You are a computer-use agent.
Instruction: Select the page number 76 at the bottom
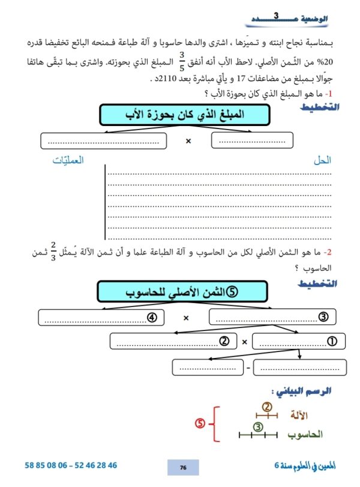tap(184, 467)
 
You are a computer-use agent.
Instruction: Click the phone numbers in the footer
tap(71, 465)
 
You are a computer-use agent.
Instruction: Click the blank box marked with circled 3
tap(272, 317)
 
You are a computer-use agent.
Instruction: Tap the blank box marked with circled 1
tap(299, 341)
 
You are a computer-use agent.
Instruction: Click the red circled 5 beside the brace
tap(200, 423)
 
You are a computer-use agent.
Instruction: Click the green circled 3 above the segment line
tap(257, 427)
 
